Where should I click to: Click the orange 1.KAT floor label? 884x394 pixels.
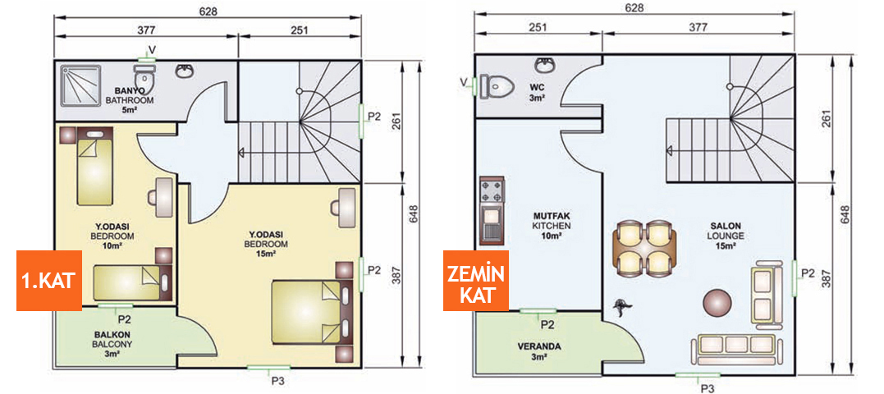coord(48,279)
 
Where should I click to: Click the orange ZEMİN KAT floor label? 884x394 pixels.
coord(474,282)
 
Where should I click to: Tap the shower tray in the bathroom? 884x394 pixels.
coord(80,84)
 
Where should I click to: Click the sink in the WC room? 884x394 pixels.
coord(544,65)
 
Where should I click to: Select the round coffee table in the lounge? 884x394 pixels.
coord(717,302)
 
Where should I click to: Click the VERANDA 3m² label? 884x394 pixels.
coord(539,351)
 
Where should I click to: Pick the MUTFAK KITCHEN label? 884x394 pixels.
coord(551,225)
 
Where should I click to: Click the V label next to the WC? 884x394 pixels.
coord(464,81)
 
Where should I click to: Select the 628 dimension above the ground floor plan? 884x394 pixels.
coord(634,8)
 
